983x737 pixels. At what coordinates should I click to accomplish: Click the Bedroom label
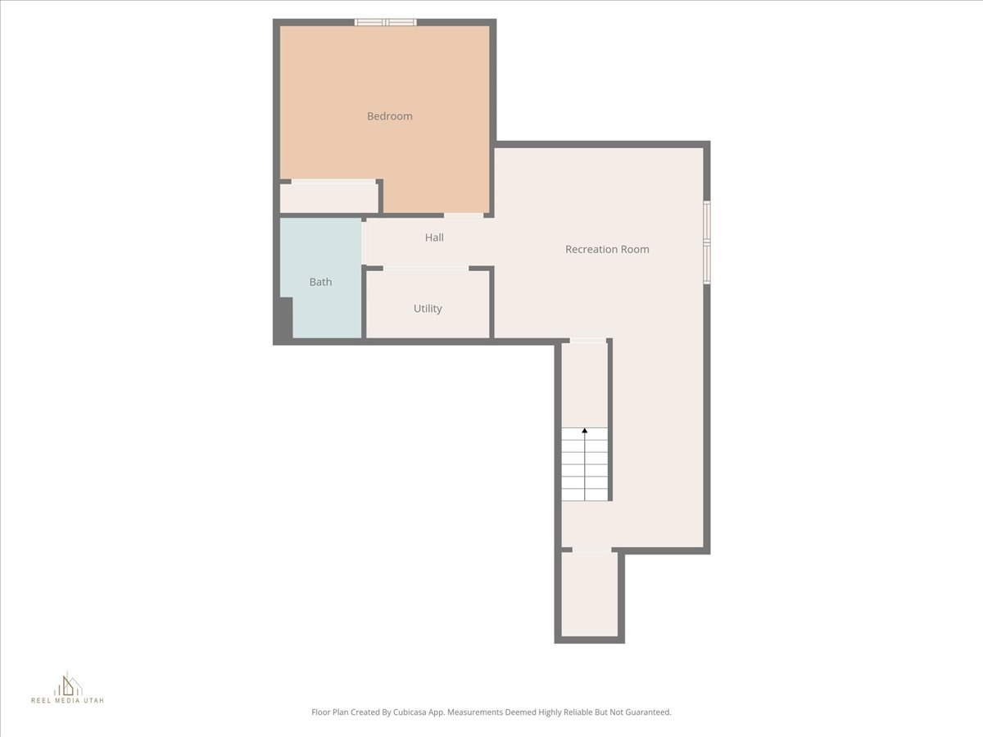[389, 116]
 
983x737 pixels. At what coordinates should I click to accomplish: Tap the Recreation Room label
[607, 249]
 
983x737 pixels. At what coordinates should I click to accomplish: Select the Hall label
[434, 237]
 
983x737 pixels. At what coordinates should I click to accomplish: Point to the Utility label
[428, 309]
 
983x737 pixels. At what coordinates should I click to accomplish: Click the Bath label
[320, 282]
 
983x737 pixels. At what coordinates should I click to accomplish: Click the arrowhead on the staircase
[585, 430]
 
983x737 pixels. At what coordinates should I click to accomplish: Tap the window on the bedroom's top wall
[385, 22]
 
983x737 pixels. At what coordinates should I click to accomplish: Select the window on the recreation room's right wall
[707, 242]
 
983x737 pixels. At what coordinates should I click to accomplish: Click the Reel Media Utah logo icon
[68, 684]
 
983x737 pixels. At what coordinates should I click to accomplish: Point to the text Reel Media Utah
[68, 701]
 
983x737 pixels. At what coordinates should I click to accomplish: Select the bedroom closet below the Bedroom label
[328, 198]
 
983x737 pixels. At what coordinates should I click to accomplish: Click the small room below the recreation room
[590, 595]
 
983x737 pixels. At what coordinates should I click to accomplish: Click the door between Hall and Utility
[426, 268]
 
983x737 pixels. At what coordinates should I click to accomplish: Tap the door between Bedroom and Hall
[464, 215]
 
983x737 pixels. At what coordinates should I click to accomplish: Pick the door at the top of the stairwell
[588, 341]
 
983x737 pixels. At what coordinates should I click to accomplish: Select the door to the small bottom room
[591, 549]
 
